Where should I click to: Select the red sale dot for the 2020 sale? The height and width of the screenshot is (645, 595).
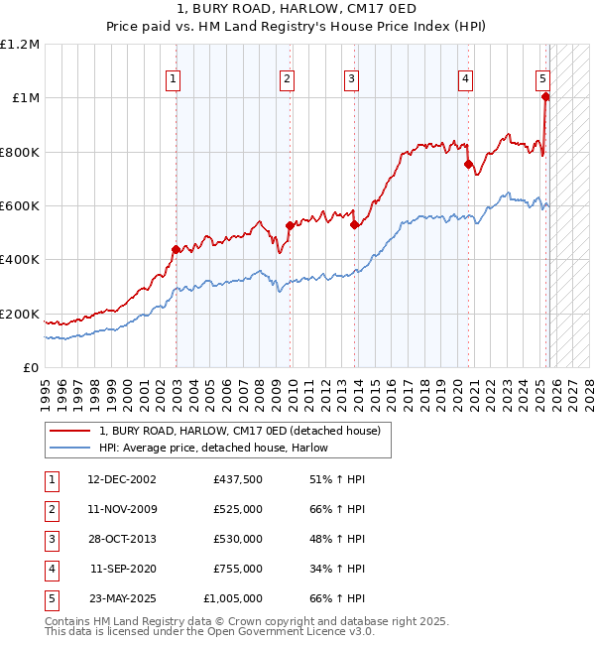click(467, 165)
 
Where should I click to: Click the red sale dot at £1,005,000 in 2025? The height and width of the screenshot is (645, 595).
click(545, 97)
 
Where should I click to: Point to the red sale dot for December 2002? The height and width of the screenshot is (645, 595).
click(176, 250)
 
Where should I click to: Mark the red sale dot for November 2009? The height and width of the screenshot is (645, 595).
click(290, 226)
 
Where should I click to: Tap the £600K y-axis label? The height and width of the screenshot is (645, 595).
click(21, 205)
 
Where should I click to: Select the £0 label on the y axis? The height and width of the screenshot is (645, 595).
click(32, 367)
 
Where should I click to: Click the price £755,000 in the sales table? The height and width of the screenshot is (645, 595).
click(238, 569)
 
